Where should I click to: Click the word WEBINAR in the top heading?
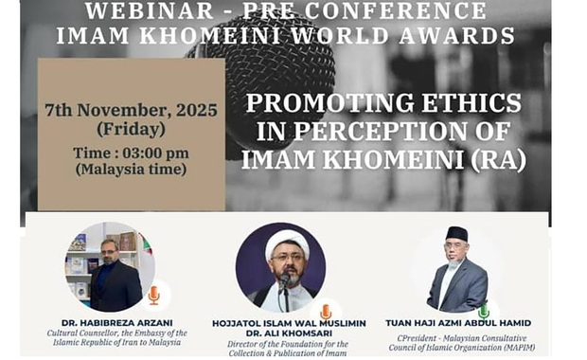pyautogui.click(x=149, y=10)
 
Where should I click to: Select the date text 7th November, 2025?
pyautogui.click(x=131, y=110)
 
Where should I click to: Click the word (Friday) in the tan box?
pyautogui.click(x=131, y=129)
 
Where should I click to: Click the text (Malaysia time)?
pyautogui.click(x=131, y=169)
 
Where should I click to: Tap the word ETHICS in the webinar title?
pyautogui.click(x=471, y=102)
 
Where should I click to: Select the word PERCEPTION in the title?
pyautogui.click(x=380, y=131)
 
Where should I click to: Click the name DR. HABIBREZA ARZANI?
pyautogui.click(x=117, y=323)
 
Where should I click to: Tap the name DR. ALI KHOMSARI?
pyautogui.click(x=289, y=333)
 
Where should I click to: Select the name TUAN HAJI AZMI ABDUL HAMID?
pyautogui.click(x=458, y=323)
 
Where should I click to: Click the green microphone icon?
pyautogui.click(x=484, y=311)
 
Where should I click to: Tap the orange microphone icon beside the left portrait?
pyautogui.click(x=154, y=295)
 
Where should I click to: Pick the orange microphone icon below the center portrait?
pyautogui.click(x=326, y=312)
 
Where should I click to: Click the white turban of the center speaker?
pyautogui.click(x=287, y=243)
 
